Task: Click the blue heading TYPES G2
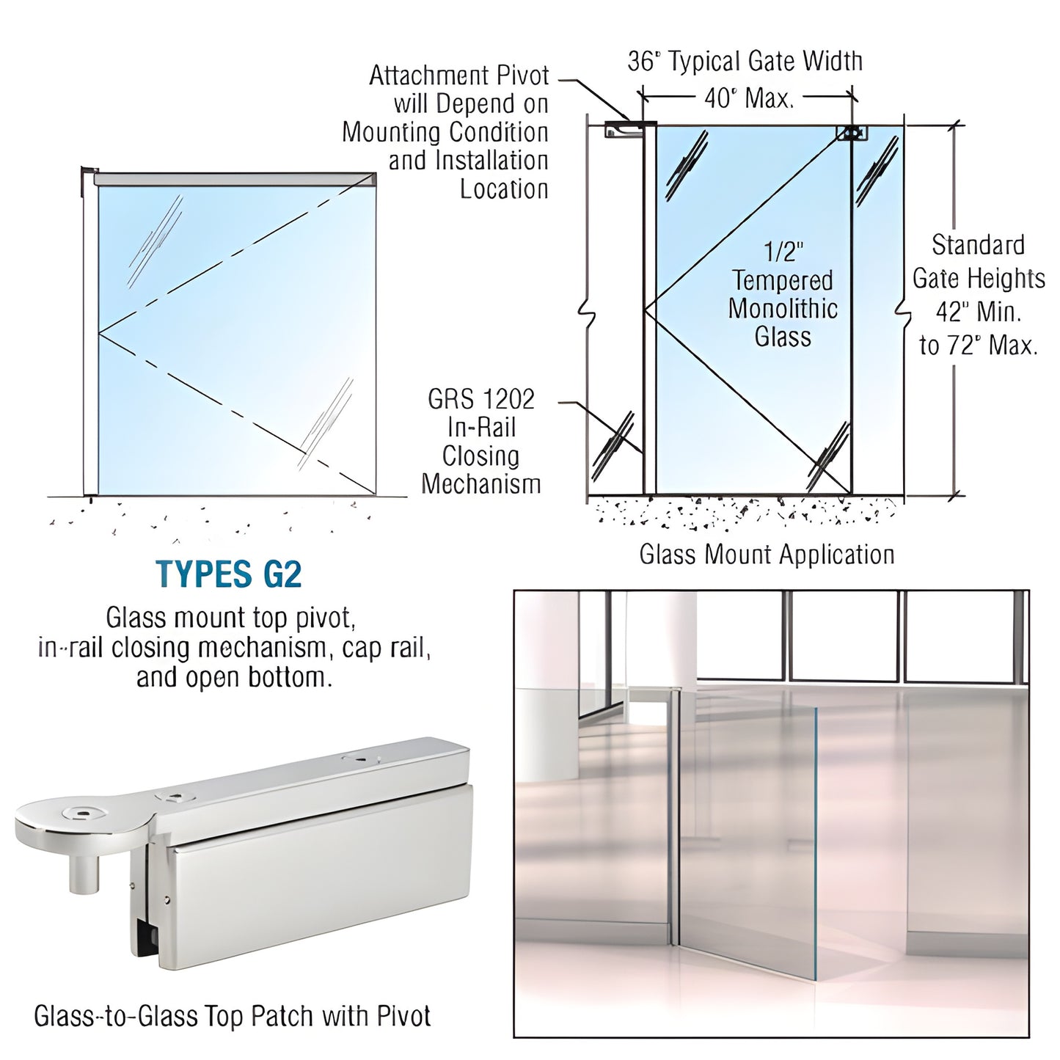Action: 229,574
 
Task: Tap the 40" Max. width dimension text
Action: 748,97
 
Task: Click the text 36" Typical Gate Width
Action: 745,61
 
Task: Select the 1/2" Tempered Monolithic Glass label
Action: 783,295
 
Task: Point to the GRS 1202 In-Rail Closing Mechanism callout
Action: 481,442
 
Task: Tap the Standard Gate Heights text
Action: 978,261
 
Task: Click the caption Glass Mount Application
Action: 767,555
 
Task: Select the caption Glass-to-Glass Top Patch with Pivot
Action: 232,1016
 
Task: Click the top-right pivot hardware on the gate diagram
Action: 852,134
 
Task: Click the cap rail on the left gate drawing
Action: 235,179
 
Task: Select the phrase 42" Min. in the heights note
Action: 978,312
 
